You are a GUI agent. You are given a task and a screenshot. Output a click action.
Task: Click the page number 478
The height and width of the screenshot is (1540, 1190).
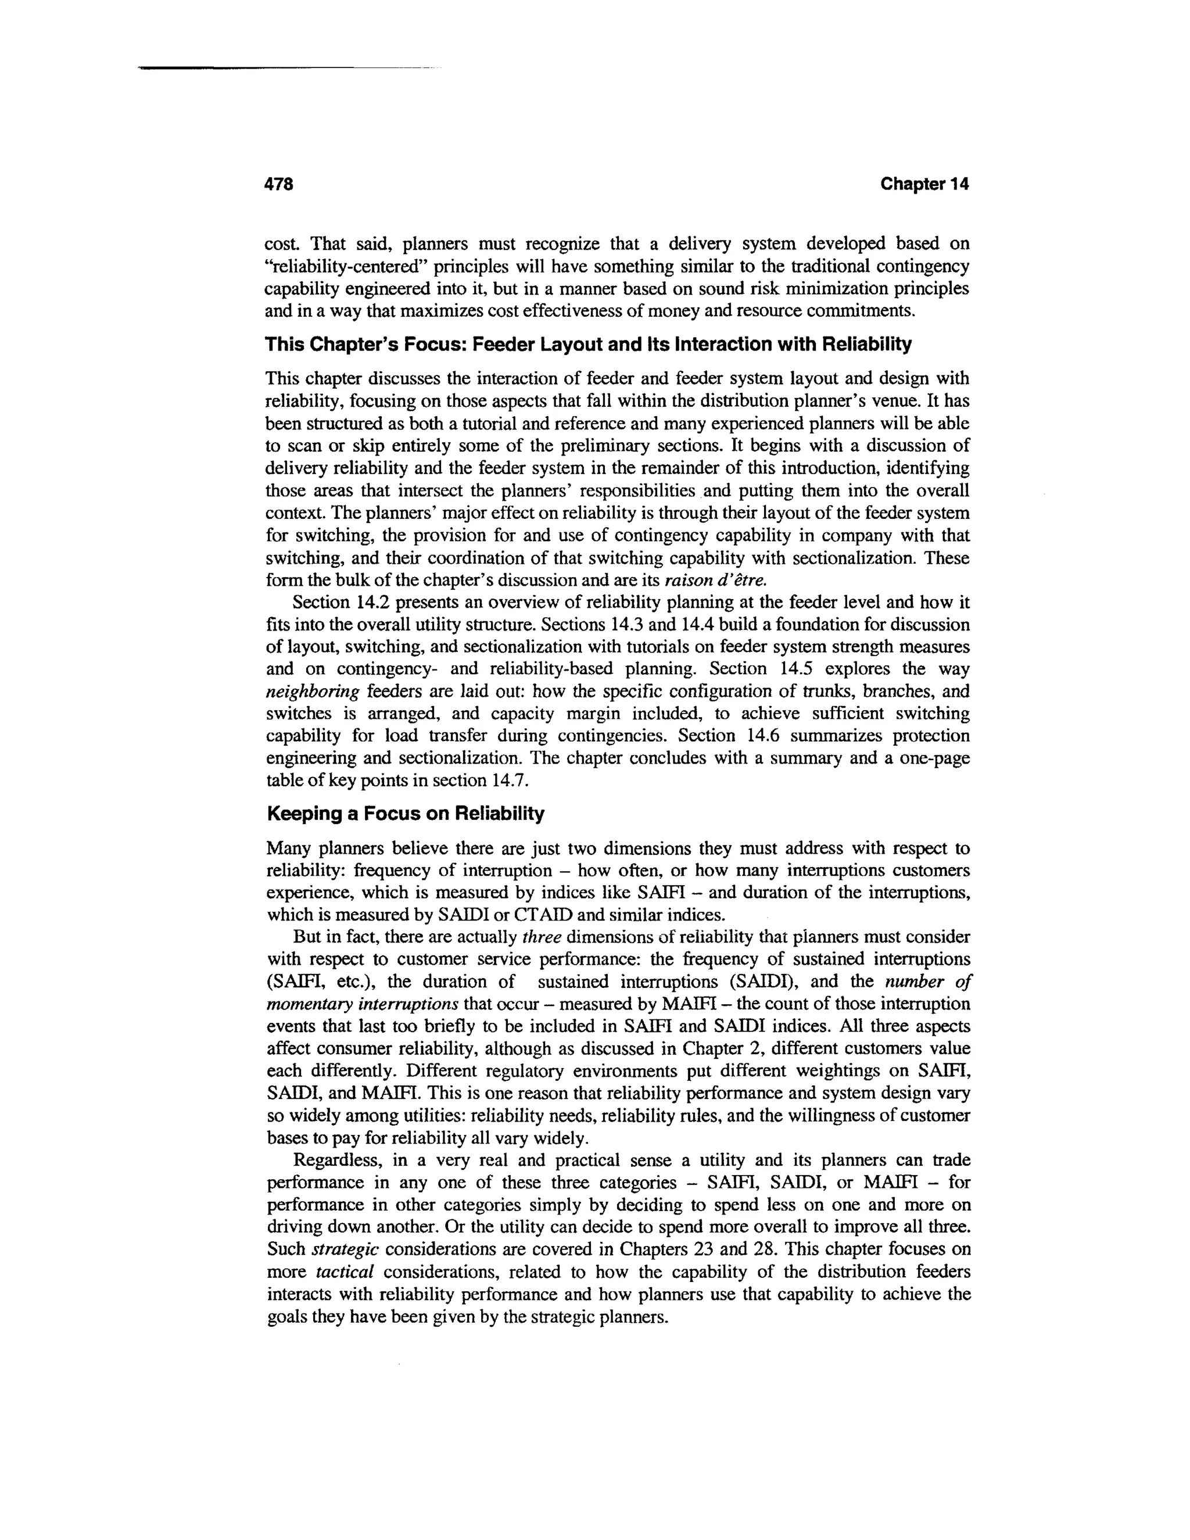point(278,185)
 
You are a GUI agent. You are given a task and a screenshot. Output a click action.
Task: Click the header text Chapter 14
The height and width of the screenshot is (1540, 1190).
point(924,185)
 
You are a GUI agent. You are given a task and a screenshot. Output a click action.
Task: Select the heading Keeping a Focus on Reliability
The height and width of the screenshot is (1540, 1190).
point(406,814)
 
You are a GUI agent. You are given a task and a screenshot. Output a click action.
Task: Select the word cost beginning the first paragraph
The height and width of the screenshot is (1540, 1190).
point(280,245)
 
